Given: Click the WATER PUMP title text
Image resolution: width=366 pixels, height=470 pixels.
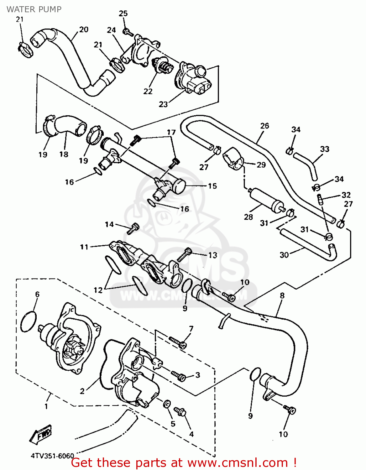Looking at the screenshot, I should pyautogui.click(x=34, y=9).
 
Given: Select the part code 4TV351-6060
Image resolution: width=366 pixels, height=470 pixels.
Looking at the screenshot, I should pyautogui.click(x=52, y=456).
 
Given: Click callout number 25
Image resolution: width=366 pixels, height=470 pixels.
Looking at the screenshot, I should pyautogui.click(x=123, y=13).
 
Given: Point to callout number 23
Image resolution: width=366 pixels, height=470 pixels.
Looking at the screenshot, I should pyautogui.click(x=163, y=104).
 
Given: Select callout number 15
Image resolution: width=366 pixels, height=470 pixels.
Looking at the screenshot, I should pyautogui.click(x=212, y=186).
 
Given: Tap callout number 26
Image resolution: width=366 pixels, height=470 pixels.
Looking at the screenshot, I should pyautogui.click(x=264, y=126).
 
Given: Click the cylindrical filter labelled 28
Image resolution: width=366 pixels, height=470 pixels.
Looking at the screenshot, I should pyautogui.click(x=266, y=199).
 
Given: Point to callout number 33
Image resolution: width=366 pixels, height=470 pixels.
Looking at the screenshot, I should pyautogui.click(x=325, y=149).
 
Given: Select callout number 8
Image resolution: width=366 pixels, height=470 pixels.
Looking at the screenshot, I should pyautogui.click(x=282, y=295).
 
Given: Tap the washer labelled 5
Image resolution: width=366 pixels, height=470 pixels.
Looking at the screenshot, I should pyautogui.click(x=167, y=404).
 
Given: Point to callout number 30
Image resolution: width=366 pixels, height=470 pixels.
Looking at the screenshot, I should pyautogui.click(x=284, y=255).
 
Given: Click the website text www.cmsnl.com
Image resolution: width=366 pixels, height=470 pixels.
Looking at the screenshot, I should pyautogui.click(x=238, y=462).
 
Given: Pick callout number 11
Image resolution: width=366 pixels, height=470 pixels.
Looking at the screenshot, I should pyautogui.click(x=84, y=247).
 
